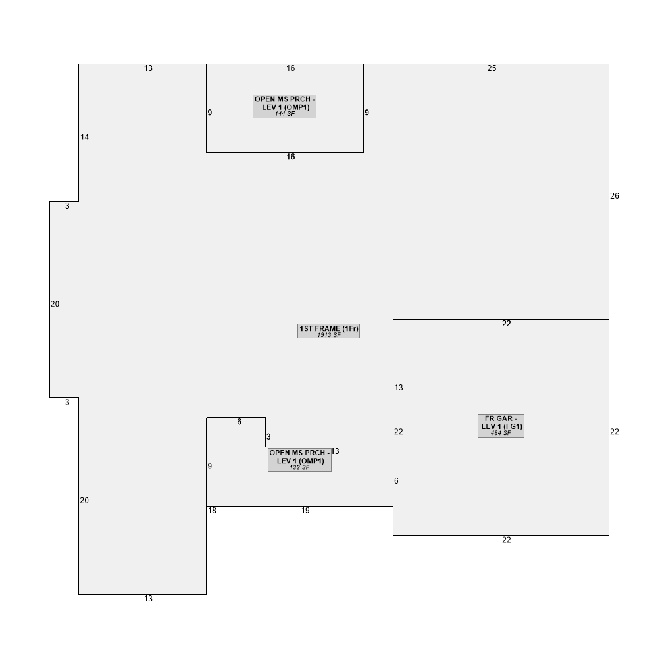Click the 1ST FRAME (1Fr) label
click(328, 331)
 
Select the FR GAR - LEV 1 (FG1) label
click(501, 426)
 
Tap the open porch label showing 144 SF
click(284, 107)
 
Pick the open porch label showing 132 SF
click(299, 460)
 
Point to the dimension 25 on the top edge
click(492, 68)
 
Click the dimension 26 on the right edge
click(615, 196)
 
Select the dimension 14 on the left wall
click(84, 137)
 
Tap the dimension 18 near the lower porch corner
click(212, 511)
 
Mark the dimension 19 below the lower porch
click(305, 511)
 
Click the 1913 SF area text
click(328, 335)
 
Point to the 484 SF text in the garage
click(501, 433)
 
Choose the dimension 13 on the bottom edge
click(148, 599)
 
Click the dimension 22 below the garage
click(507, 540)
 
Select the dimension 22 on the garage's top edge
click(507, 324)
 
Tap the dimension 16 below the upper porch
click(291, 157)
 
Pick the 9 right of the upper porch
click(367, 113)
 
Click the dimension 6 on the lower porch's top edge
click(240, 422)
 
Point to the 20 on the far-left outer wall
click(55, 304)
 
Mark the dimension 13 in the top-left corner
click(148, 68)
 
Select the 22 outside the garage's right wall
click(615, 432)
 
